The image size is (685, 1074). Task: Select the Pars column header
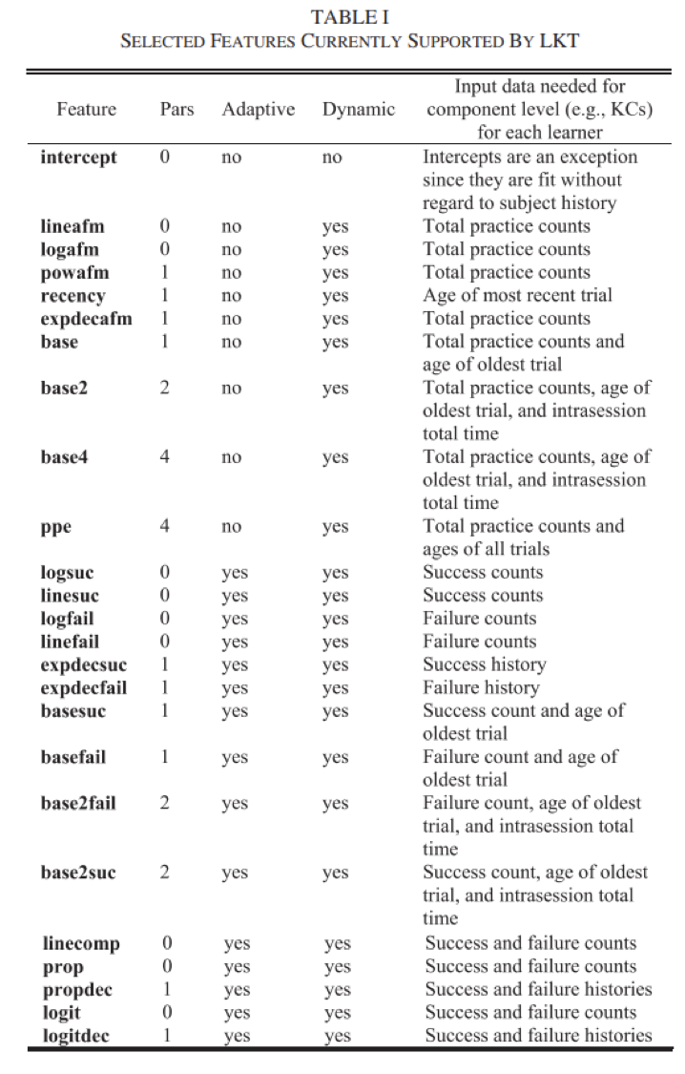click(x=176, y=109)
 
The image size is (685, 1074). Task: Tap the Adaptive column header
click(x=259, y=109)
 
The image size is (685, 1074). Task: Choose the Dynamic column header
click(x=358, y=109)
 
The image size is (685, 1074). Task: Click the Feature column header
click(x=86, y=109)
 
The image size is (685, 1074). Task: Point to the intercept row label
click(x=79, y=157)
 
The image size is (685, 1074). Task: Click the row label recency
click(x=73, y=296)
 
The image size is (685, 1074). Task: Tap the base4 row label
click(x=65, y=457)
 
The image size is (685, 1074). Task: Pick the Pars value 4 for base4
click(x=165, y=457)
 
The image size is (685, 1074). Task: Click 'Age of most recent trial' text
click(x=518, y=295)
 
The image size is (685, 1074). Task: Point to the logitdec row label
click(x=76, y=1035)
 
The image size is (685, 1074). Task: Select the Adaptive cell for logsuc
click(x=234, y=574)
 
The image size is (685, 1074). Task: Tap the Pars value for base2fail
click(x=165, y=803)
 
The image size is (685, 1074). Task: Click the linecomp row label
click(x=81, y=944)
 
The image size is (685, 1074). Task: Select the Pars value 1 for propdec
click(x=166, y=989)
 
